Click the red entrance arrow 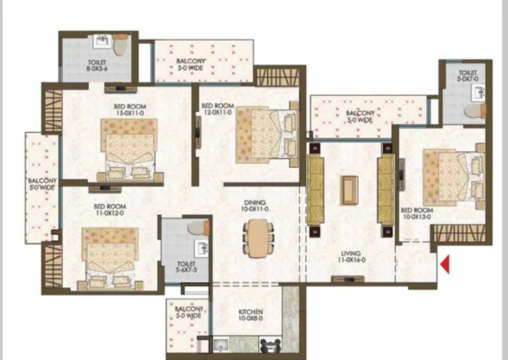pos(446,264)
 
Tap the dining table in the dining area pos(258,238)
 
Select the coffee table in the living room pos(349,190)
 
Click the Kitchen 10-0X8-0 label pos(250,315)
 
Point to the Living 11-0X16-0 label pos(352,257)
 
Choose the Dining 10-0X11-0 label pos(255,206)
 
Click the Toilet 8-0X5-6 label pos(97,65)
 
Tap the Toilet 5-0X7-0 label pos(467,76)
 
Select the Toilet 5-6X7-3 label pos(186,267)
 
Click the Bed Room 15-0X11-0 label pos(130,110)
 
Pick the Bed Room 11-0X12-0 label pos(110,209)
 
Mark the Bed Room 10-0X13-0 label pos(417,214)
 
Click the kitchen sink pos(221,344)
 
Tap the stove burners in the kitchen pos(271,346)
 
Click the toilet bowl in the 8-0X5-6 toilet pos(120,45)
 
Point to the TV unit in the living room pos(348,279)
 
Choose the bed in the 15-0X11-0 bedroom pos(129,149)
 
